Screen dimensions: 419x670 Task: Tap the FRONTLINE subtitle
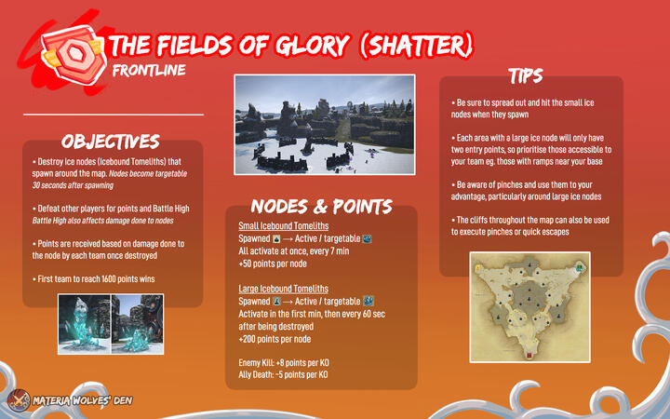point(149,70)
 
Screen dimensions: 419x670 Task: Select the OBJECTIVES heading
point(110,142)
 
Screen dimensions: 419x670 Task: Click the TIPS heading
point(526,74)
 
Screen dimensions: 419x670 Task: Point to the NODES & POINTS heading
point(321,206)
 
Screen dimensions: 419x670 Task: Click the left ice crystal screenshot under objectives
point(84,324)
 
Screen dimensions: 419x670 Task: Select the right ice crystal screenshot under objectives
point(139,324)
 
